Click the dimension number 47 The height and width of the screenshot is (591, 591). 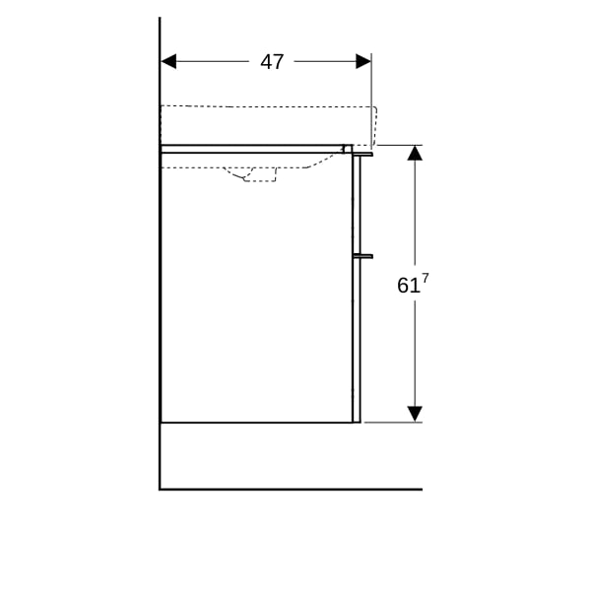[272, 62]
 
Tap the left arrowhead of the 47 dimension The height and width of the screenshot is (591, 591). [168, 61]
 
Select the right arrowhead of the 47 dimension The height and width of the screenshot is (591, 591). [363, 61]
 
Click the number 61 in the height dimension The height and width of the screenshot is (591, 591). [408, 286]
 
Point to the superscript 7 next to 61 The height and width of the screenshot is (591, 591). [426, 279]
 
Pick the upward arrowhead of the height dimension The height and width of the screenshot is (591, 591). [415, 153]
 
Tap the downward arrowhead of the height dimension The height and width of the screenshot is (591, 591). [415, 415]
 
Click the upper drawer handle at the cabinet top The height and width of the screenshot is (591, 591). [362, 155]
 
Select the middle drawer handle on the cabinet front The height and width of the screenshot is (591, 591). [362, 256]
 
